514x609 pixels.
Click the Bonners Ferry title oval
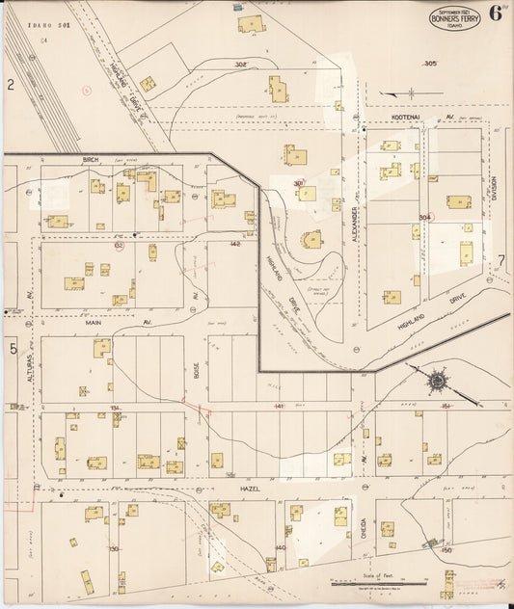pyautogui.click(x=454, y=17)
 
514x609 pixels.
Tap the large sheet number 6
pyautogui.click(x=495, y=13)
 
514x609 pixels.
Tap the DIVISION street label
pyautogui.click(x=492, y=194)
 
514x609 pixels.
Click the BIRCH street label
pyautogui.click(x=91, y=159)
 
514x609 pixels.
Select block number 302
pyautogui.click(x=240, y=64)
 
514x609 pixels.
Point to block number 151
pyautogui.click(x=446, y=407)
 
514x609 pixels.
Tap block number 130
pyautogui.click(x=113, y=548)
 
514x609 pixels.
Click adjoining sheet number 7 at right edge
pyautogui.click(x=500, y=261)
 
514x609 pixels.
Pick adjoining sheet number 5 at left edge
pyautogui.click(x=13, y=349)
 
